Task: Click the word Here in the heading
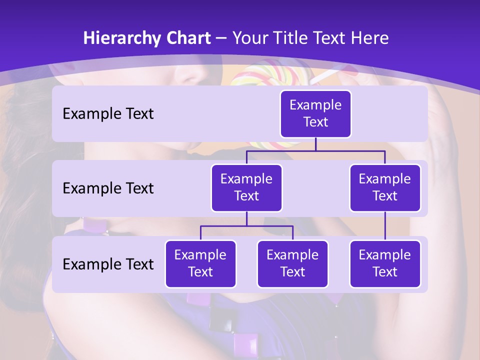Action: pyautogui.click(x=369, y=38)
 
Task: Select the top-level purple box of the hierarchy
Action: pyautogui.click(x=315, y=114)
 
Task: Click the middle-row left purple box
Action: pyautogui.click(x=246, y=188)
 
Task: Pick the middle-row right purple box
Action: pyautogui.click(x=385, y=188)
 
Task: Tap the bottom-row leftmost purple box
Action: pyautogui.click(x=200, y=264)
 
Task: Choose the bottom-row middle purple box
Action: pyautogui.click(x=292, y=264)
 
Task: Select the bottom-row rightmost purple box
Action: pyautogui.click(x=385, y=264)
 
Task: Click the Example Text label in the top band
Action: pyautogui.click(x=108, y=114)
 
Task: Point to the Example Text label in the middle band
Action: pyautogui.click(x=108, y=188)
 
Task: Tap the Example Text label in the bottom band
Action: pyautogui.click(x=108, y=264)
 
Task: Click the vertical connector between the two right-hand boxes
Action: pyautogui.click(x=385, y=226)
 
